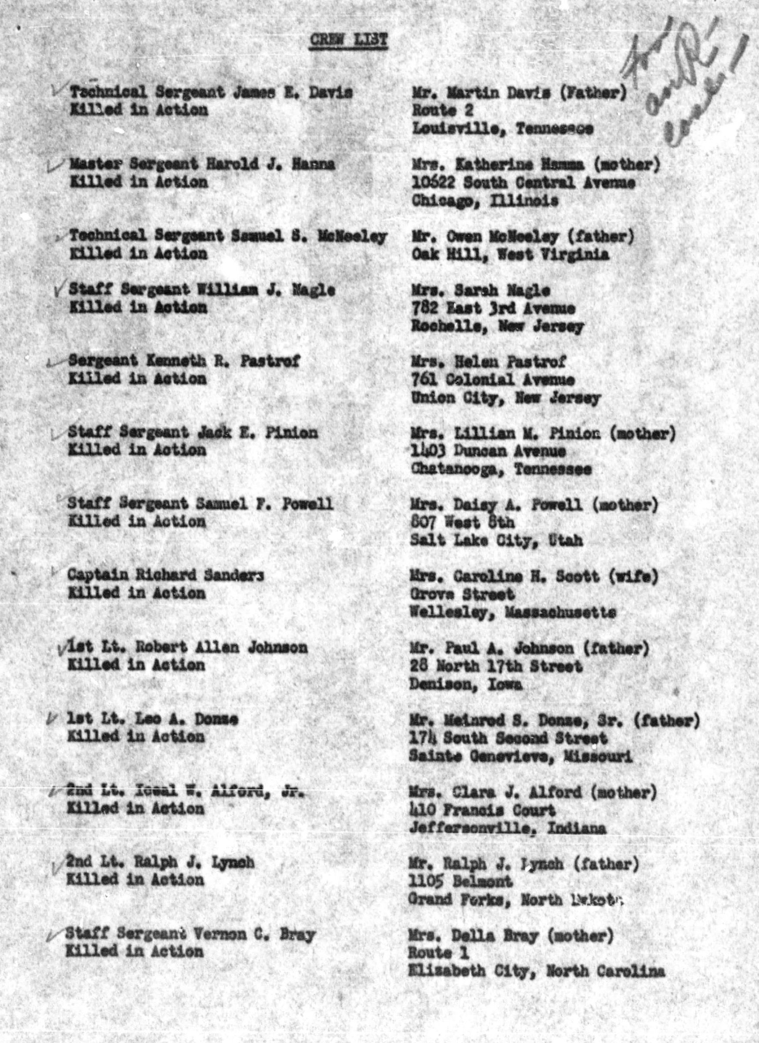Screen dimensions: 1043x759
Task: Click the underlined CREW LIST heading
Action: tap(348, 40)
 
